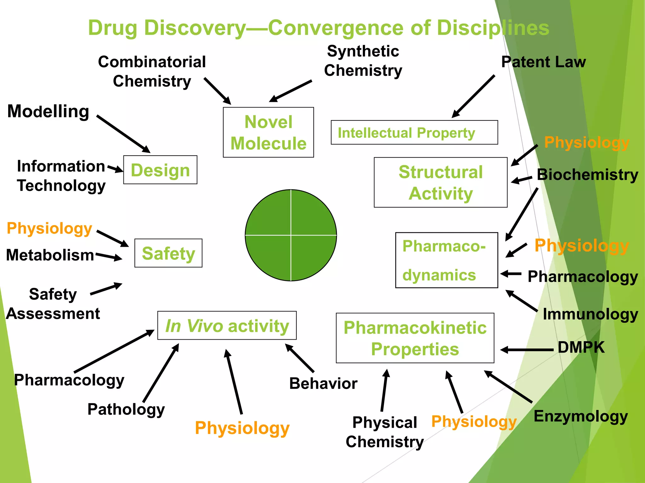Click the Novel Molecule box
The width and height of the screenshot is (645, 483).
click(268, 132)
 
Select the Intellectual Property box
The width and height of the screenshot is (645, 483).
click(414, 132)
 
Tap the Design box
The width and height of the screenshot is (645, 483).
click(160, 170)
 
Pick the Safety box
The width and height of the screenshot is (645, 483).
click(168, 253)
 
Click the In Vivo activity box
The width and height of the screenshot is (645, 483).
click(227, 325)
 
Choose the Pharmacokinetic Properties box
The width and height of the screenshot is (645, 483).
click(415, 338)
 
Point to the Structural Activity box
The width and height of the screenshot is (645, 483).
click(440, 182)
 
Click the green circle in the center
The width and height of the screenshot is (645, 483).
click(291, 235)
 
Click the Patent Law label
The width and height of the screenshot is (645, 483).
click(543, 62)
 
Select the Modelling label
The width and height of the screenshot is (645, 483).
click(48, 111)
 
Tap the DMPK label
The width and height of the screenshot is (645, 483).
click(581, 347)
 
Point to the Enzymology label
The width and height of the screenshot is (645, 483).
click(580, 416)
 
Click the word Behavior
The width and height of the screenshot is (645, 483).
click(323, 384)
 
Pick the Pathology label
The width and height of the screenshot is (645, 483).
click(126, 409)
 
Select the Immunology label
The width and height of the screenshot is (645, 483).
click(590, 314)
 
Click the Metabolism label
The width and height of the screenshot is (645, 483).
click(50, 255)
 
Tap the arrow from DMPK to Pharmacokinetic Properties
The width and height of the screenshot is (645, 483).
click(527, 350)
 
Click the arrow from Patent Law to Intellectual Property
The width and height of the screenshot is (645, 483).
click(473, 97)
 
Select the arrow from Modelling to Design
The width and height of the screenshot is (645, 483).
click(123, 134)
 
